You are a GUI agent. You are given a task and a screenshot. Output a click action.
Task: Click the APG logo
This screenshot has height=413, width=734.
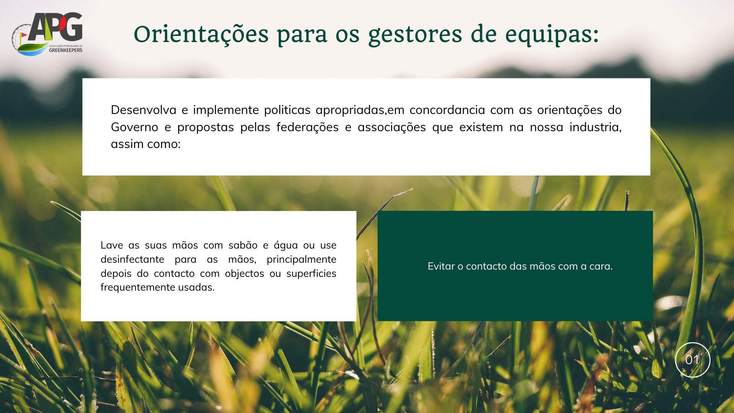(47, 34)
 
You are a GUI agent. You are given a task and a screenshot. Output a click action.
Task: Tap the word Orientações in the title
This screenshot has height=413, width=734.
(201, 35)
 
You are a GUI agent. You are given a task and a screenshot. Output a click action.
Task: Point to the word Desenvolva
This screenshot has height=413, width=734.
(143, 110)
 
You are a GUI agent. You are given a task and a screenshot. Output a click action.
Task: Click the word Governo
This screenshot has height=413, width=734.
(134, 127)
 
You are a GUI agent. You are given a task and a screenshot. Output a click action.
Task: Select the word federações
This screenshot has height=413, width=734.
(307, 127)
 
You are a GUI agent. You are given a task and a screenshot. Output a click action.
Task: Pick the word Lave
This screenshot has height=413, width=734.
(112, 245)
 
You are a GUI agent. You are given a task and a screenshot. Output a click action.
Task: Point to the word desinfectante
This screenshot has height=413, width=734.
(132, 259)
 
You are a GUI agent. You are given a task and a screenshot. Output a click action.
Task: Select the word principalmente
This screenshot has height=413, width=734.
(301, 260)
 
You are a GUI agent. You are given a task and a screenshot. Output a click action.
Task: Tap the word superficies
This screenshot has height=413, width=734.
(311, 274)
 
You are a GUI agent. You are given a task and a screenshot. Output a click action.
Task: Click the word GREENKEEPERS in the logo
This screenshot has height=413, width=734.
(65, 50)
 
